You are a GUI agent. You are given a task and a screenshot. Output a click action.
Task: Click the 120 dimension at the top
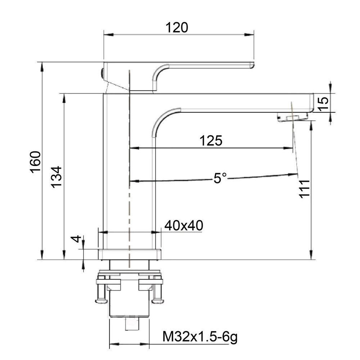[x=176, y=27]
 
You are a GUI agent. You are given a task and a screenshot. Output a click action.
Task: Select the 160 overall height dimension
[x=36, y=162]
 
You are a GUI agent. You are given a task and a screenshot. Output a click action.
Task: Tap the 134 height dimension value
[x=57, y=177]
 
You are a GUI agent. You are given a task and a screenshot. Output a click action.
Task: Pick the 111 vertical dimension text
[x=304, y=188]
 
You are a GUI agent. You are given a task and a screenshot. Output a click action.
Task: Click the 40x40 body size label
[x=184, y=226]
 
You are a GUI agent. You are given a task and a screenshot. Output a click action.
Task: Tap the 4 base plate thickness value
[x=75, y=239]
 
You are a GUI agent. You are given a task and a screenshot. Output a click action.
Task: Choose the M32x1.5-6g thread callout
[x=200, y=337]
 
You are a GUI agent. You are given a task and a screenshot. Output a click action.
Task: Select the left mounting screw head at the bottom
[x=100, y=300]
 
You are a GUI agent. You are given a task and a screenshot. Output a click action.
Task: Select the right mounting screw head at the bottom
[x=157, y=300]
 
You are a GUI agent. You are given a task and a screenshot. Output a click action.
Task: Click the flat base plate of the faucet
[x=129, y=254]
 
